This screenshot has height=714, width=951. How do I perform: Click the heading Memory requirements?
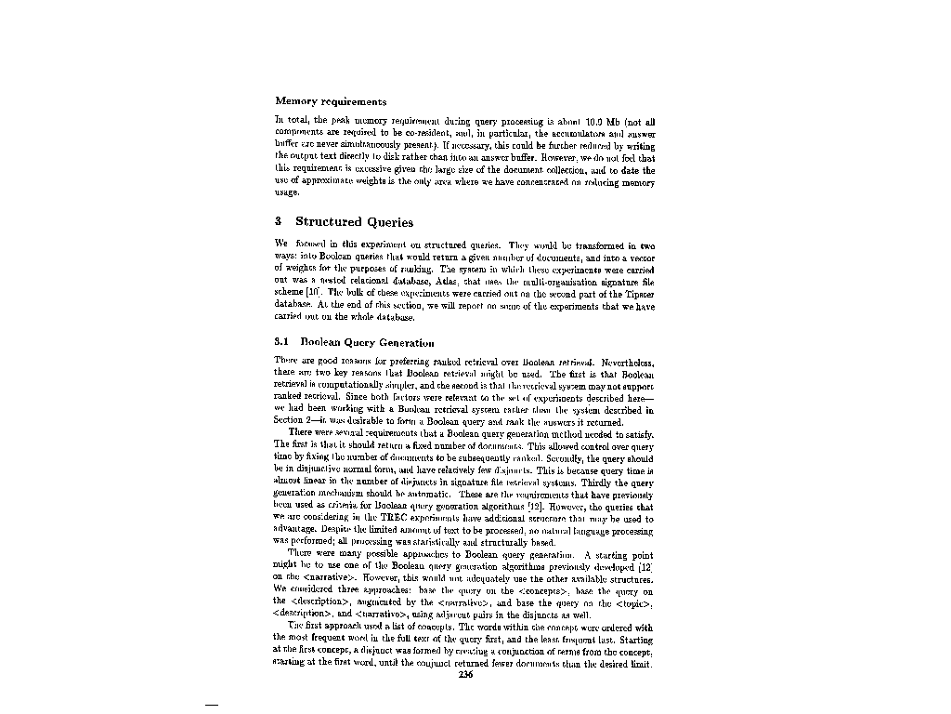(331, 101)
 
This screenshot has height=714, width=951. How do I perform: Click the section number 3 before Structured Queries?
(279, 221)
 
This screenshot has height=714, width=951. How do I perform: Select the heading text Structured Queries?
(354, 221)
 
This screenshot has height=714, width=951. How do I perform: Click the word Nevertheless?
(629, 361)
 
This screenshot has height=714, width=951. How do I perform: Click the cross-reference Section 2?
(300, 421)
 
